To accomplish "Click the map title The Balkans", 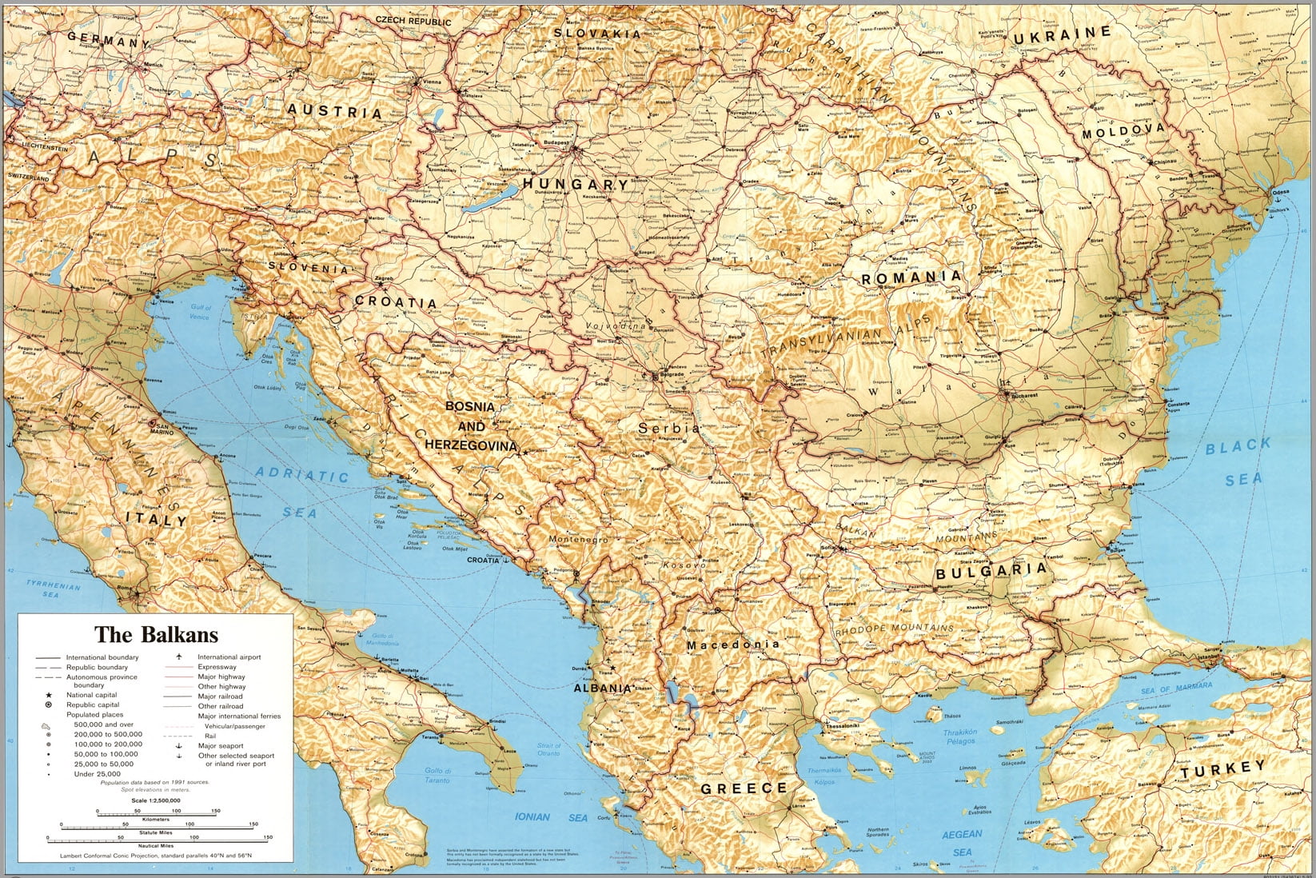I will coord(156,635).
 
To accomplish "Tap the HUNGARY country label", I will coord(576,184).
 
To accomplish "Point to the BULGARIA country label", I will coord(991,571).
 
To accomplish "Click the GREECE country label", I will coord(744,788).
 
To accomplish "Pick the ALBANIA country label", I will coord(602,688).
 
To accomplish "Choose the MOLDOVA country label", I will coord(1123,132).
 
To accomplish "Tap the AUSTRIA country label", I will coord(335,110).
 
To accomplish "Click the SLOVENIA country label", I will coord(309,267).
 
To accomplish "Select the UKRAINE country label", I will coord(1062,36).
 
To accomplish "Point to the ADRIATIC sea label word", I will coord(302,475).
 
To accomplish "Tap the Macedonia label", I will coord(733,645).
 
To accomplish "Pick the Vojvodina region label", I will coord(616,326).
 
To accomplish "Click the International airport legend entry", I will coord(229,657).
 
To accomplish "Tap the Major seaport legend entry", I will coord(221,745).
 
